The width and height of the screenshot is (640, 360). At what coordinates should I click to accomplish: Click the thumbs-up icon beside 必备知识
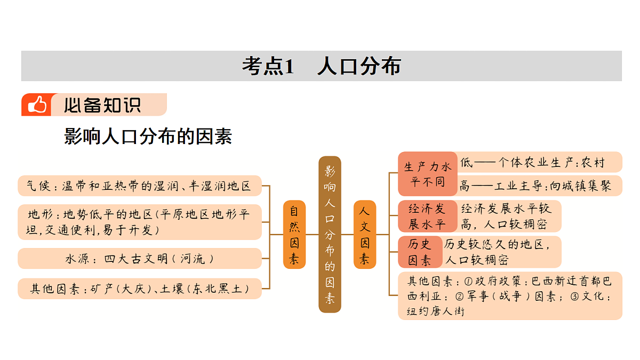pyautogui.click(x=37, y=105)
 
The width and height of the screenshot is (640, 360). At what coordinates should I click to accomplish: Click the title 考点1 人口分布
pyautogui.click(x=322, y=66)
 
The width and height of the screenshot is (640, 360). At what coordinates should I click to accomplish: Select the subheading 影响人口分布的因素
pyautogui.click(x=148, y=137)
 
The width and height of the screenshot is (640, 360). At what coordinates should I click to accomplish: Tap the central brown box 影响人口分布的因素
pyautogui.click(x=330, y=234)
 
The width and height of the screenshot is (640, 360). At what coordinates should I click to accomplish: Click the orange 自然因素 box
pyautogui.click(x=294, y=235)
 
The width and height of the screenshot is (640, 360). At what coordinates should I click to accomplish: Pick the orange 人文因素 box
pyautogui.click(x=365, y=235)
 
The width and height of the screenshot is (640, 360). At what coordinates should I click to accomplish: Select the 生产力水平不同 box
pyautogui.click(x=427, y=174)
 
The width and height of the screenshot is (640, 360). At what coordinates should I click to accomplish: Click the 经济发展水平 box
pyautogui.click(x=427, y=217)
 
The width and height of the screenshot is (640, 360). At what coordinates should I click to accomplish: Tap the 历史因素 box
pyautogui.click(x=420, y=252)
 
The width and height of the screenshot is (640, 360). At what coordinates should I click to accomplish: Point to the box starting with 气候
pyautogui.click(x=140, y=186)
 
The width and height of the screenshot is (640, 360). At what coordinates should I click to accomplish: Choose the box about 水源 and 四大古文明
pyautogui.click(x=140, y=259)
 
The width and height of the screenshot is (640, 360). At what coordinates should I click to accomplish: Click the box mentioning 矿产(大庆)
pyautogui.click(x=140, y=289)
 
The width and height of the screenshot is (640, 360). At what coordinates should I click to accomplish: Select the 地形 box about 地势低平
pyautogui.click(x=140, y=222)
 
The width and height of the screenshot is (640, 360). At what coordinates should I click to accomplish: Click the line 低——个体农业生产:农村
pyautogui.click(x=533, y=162)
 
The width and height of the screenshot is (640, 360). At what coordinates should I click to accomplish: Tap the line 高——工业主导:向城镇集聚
pyautogui.click(x=535, y=186)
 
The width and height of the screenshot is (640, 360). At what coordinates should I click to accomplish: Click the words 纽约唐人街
pyautogui.click(x=436, y=311)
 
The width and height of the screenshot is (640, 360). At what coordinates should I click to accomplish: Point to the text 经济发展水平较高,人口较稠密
pyautogui.click(x=506, y=217)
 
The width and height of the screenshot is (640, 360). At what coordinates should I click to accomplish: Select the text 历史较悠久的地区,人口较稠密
pyautogui.click(x=497, y=252)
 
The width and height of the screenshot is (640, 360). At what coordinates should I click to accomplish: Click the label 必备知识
pyautogui.click(x=102, y=105)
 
